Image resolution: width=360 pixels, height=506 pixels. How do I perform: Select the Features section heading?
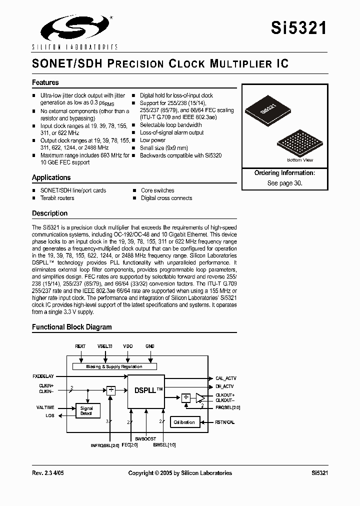pos(45,82)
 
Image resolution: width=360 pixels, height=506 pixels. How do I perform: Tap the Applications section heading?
pos(51,177)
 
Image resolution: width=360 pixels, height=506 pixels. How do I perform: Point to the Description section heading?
pos(49,213)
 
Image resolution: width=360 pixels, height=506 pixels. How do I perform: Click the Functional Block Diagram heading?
pos(72,327)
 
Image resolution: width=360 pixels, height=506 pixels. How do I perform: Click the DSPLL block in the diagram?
pos(145,390)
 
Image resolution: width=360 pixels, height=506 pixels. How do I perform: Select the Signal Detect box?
pos(86,411)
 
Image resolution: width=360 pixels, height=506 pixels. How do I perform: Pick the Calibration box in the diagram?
pos(184,422)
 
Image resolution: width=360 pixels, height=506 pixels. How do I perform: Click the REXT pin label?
pos(80,346)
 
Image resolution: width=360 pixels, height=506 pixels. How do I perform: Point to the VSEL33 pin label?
pos(104,346)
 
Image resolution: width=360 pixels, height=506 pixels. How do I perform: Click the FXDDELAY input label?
pos(43,375)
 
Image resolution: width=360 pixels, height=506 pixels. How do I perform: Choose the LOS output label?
pos(50,415)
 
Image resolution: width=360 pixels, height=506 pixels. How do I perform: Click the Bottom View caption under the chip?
pos(300,160)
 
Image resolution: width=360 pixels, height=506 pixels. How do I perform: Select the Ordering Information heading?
pos(284,173)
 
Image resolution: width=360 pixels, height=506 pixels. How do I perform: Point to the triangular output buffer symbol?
pos(200,398)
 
